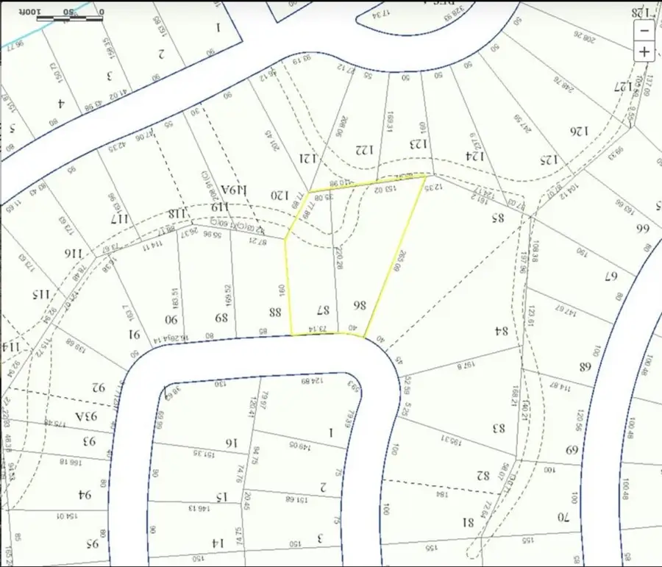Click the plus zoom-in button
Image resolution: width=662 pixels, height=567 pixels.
[644, 51]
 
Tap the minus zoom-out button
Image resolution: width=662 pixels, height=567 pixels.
[644, 31]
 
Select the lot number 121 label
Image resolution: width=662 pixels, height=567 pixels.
[306, 157]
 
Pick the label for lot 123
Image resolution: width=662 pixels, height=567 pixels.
[418, 143]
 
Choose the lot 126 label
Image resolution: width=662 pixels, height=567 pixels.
[580, 131]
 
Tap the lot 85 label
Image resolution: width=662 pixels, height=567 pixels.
[496, 217]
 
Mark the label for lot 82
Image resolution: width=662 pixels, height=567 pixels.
[483, 475]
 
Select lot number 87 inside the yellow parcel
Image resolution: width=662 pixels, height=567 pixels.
[321, 310]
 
